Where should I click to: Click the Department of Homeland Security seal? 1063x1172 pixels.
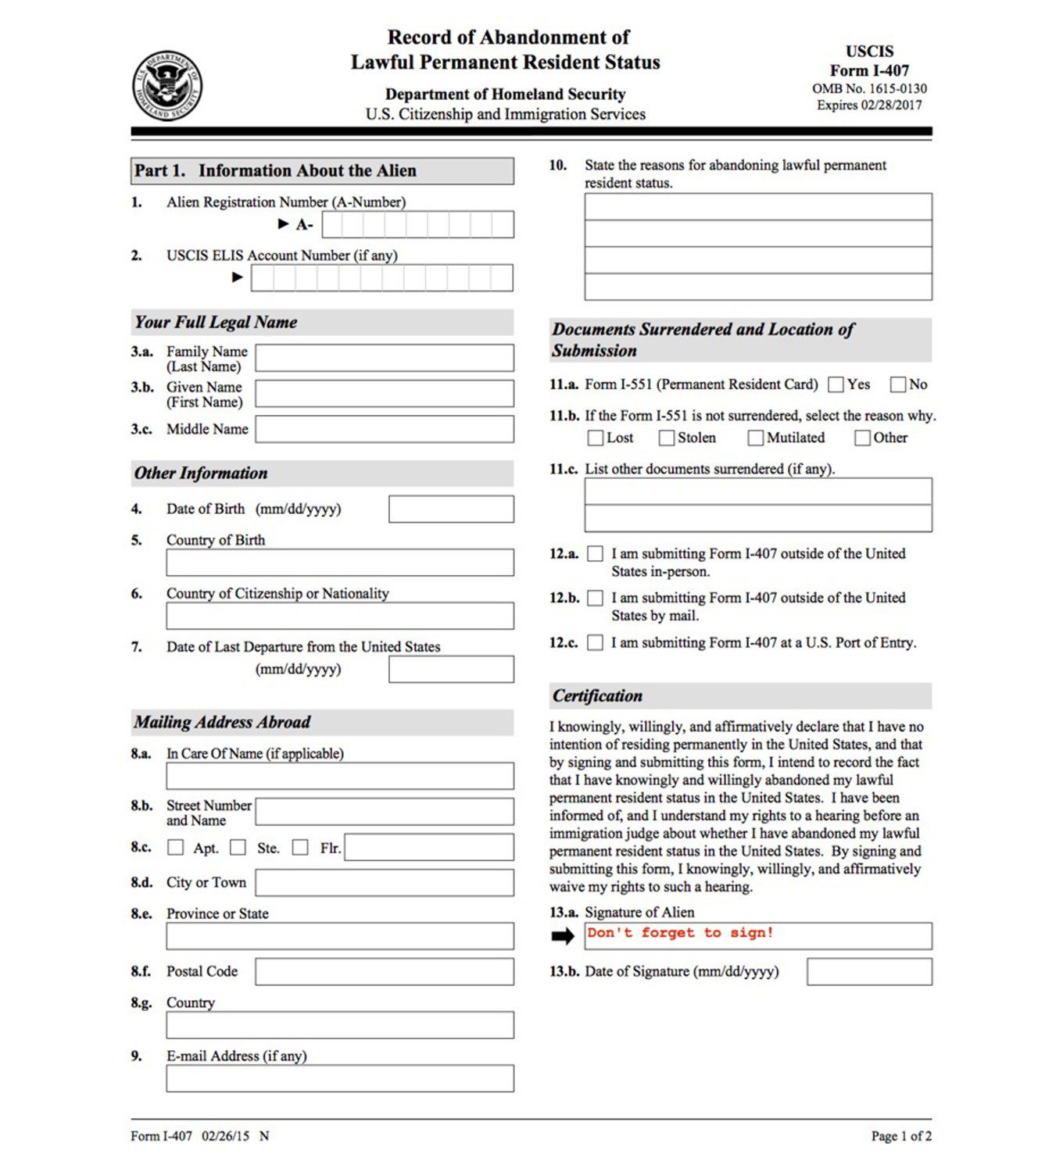(x=167, y=86)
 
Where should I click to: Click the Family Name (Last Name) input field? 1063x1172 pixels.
(x=385, y=358)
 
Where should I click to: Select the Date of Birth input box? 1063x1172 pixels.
(x=451, y=509)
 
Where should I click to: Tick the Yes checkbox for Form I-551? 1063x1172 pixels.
(x=836, y=384)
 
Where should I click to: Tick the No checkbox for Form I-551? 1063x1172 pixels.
(x=898, y=384)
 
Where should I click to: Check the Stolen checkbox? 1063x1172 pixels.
(x=667, y=438)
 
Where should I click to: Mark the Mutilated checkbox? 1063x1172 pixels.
(x=755, y=438)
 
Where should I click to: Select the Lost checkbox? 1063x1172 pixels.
(x=596, y=438)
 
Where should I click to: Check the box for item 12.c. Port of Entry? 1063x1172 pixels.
(x=596, y=642)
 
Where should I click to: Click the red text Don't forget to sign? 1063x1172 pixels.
(x=680, y=932)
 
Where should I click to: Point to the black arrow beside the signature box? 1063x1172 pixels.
(x=563, y=936)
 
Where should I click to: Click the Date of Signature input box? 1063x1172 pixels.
(x=869, y=972)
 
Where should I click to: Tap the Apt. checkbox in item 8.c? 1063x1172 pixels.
(x=176, y=848)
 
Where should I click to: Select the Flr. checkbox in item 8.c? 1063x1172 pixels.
(x=300, y=848)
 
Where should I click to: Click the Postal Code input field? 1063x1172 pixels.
(x=385, y=971)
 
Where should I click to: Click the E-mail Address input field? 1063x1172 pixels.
(x=340, y=1078)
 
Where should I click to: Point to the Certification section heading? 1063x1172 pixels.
(x=597, y=695)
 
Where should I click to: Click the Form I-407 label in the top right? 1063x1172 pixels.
(x=869, y=70)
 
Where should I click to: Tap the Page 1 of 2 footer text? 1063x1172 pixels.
(x=901, y=1136)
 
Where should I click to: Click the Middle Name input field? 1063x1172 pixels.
(x=385, y=429)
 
